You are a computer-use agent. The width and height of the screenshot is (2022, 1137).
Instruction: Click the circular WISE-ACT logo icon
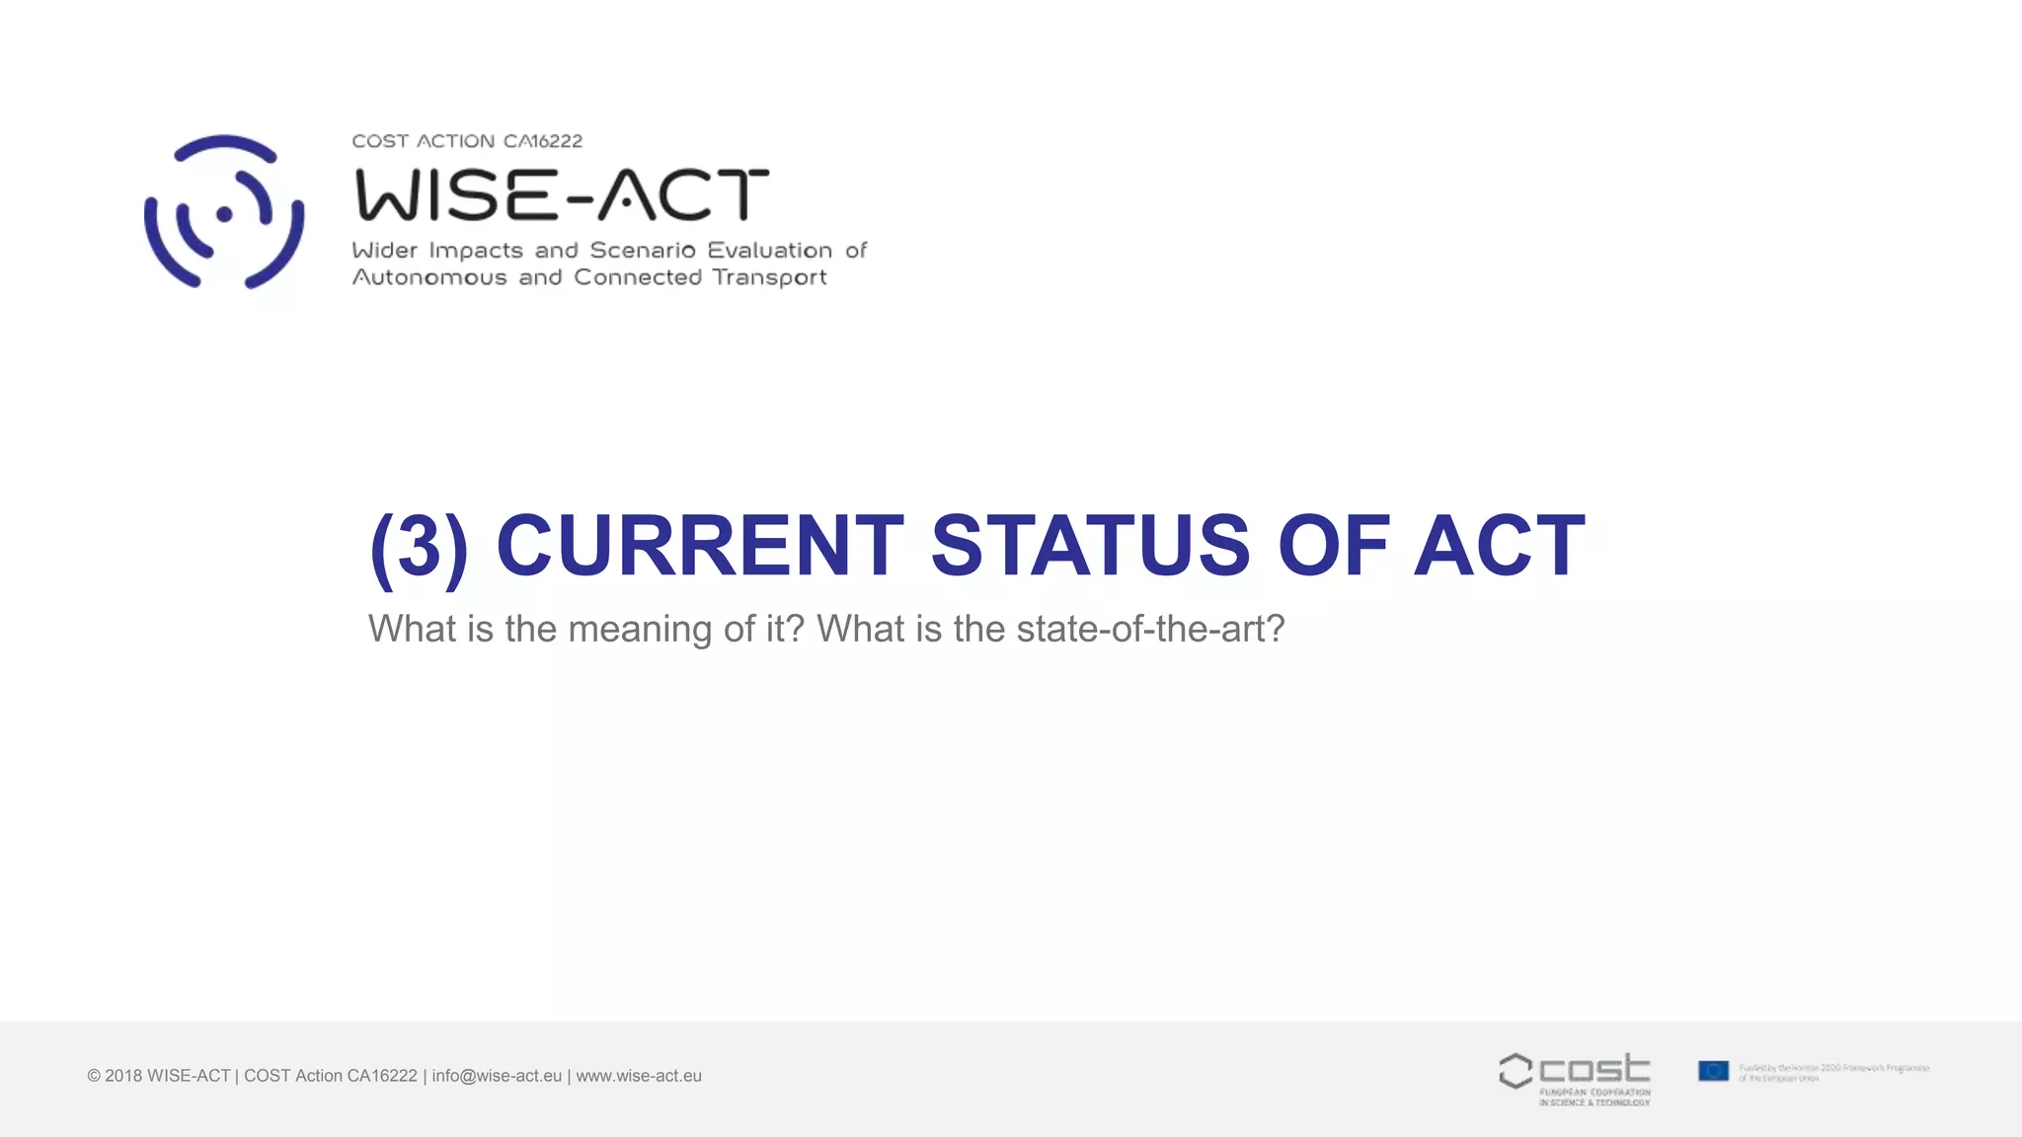(224, 212)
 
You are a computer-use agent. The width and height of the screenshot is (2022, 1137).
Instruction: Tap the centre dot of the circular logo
(224, 213)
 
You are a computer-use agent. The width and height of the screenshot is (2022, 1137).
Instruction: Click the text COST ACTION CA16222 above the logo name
(467, 141)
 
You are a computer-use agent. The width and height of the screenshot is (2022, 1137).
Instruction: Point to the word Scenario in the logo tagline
(643, 251)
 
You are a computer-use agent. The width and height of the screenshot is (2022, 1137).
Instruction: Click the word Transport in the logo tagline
(769, 277)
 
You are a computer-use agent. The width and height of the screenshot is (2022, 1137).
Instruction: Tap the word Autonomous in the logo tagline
(429, 277)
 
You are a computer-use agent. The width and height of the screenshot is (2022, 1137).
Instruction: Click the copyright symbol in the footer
(94, 1076)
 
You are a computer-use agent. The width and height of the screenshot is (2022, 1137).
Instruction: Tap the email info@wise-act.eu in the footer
(497, 1076)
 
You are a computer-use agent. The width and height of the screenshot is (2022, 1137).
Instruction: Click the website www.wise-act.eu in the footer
(639, 1076)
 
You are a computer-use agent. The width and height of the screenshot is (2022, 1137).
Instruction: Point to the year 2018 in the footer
(123, 1076)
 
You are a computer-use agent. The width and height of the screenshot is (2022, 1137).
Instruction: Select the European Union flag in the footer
(1713, 1071)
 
